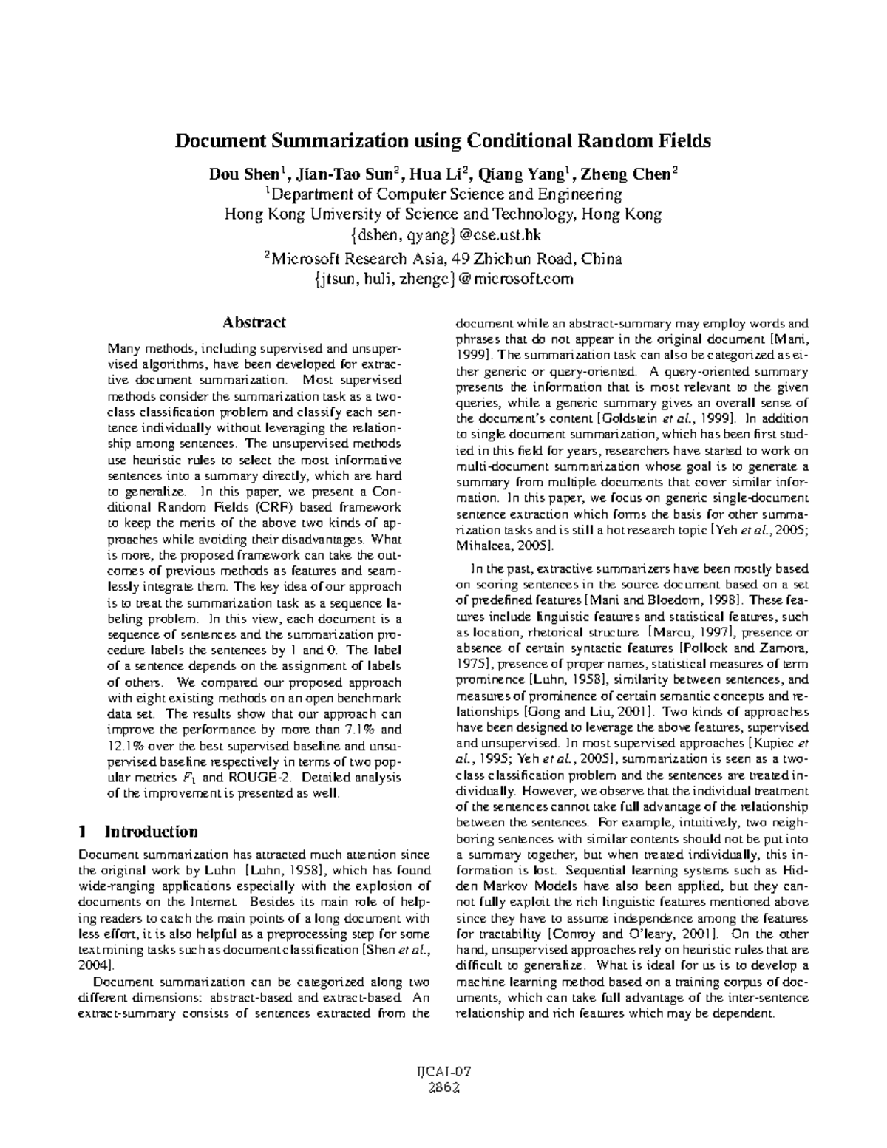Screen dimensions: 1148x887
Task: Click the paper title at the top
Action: click(442, 140)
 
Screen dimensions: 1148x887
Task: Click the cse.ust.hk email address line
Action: click(443, 235)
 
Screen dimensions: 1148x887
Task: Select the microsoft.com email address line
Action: click(443, 279)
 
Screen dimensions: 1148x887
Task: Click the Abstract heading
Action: click(254, 322)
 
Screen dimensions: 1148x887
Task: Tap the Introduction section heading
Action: click(152, 831)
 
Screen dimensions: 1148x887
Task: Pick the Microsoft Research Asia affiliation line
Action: click(443, 259)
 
